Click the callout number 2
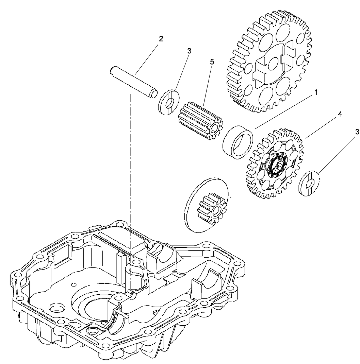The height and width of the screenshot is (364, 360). click(161, 38)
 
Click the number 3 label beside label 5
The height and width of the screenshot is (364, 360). click(189, 51)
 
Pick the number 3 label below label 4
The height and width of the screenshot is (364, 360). click(357, 132)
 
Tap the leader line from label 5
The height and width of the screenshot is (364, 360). click(208, 85)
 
